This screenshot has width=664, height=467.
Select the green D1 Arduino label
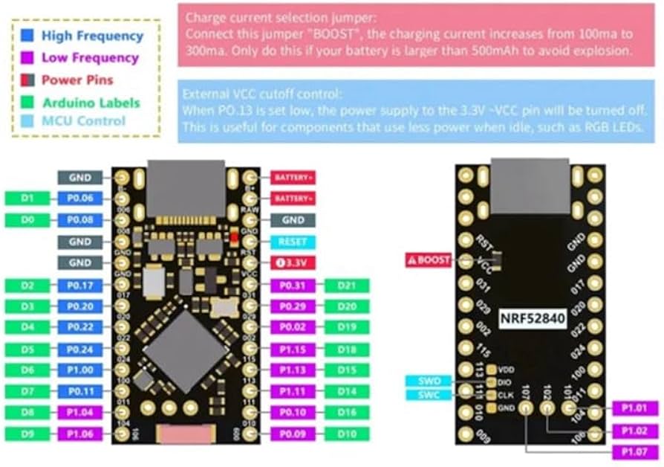click(x=26, y=199)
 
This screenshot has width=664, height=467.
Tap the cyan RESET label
click(x=293, y=242)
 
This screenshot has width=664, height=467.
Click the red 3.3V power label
click(x=293, y=263)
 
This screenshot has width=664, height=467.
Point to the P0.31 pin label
click(x=293, y=286)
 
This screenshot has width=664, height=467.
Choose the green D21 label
click(x=347, y=286)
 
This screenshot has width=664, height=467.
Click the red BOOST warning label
click(x=429, y=260)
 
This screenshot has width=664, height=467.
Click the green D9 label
click(x=26, y=434)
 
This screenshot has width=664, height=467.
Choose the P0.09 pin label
click(x=293, y=434)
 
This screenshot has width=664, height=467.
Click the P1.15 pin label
click(x=293, y=349)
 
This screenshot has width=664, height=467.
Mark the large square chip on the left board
click(x=179, y=348)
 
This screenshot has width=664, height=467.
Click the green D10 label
click(x=347, y=434)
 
